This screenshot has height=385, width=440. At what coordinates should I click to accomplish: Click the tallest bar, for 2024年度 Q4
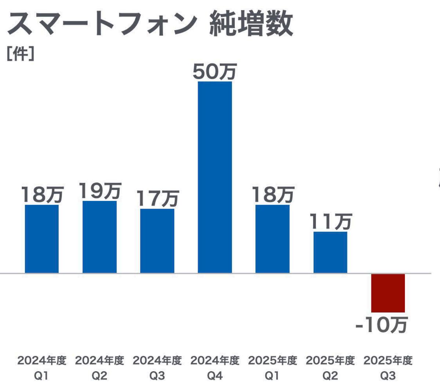click(215, 177)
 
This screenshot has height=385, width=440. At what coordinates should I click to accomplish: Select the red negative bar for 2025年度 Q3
click(388, 293)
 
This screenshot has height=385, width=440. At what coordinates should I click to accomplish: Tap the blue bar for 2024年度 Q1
click(42, 239)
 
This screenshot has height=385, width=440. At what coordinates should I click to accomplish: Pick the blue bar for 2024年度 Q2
click(99, 237)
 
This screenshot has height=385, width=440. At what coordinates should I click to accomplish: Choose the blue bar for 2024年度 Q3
click(157, 241)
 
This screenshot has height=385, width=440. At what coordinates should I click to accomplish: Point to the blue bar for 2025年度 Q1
click(272, 239)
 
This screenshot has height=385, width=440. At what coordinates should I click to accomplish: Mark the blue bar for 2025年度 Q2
click(330, 252)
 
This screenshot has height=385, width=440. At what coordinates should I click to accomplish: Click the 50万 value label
click(215, 71)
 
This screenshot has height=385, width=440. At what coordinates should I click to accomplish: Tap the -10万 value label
click(382, 325)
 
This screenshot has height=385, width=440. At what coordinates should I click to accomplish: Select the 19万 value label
click(100, 191)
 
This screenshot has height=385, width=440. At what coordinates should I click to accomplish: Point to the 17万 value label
click(158, 198)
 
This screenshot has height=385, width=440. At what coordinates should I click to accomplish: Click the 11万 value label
click(330, 221)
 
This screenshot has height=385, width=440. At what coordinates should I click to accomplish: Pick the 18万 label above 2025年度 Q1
click(273, 194)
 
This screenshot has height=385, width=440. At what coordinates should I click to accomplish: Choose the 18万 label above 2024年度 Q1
click(42, 194)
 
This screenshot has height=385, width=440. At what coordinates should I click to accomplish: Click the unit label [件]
click(21, 54)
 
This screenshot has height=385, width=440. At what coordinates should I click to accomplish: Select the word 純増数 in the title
click(251, 24)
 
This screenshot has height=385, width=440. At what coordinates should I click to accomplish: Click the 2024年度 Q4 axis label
click(215, 368)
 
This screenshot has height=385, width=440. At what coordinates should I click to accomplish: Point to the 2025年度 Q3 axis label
click(388, 368)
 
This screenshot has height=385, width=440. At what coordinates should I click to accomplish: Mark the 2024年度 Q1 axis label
click(42, 368)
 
